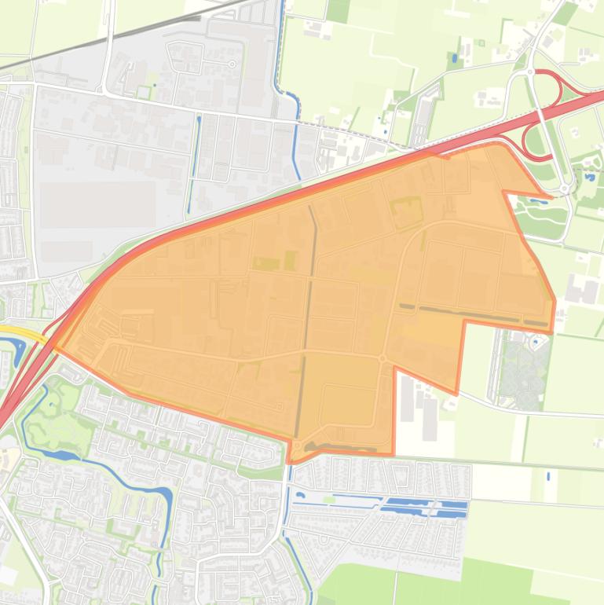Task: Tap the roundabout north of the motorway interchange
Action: pyautogui.click(x=531, y=72)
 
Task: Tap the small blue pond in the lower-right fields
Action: pyautogui.click(x=547, y=475)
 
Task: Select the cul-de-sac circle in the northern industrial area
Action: pyautogui.click(x=232, y=64)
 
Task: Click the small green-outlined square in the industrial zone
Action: pyautogui.click(x=144, y=93)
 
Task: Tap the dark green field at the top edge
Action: pyautogui.click(x=338, y=10)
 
